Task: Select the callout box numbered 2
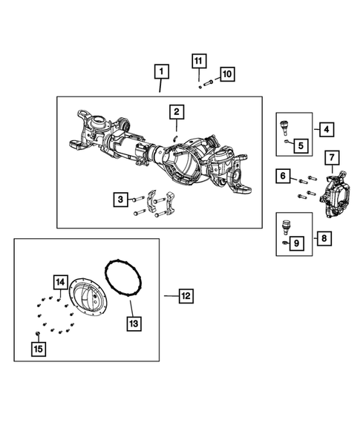pos(176,112)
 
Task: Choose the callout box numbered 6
pos(283,176)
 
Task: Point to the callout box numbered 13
pos(134,323)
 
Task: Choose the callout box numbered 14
pos(60,282)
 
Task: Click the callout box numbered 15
pos(38,347)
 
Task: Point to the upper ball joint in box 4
pos(284,124)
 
